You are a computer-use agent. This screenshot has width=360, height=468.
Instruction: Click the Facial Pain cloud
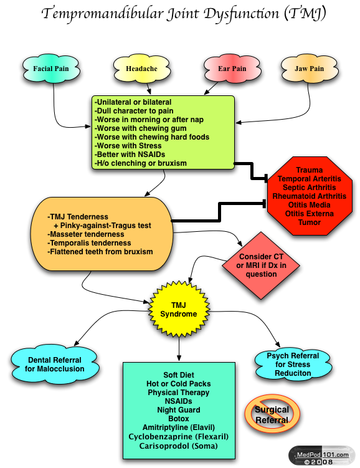point(51,69)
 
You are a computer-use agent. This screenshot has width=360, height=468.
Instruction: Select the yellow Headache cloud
point(141,69)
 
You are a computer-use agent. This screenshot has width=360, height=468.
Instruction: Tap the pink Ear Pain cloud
point(232,69)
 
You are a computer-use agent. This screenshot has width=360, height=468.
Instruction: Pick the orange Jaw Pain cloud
point(310,69)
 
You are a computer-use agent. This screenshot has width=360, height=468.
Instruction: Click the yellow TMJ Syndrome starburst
point(179,309)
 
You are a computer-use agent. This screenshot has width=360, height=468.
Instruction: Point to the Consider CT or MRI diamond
point(261,265)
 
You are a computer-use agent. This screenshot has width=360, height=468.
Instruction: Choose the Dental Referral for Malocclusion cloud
point(55,364)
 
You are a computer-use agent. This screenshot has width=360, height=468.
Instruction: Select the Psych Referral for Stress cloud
point(293,364)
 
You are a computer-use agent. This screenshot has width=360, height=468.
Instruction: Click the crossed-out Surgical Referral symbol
point(272,414)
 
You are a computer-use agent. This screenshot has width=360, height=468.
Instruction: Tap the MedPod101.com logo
point(322,456)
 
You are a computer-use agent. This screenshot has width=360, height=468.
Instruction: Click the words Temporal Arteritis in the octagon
point(310,179)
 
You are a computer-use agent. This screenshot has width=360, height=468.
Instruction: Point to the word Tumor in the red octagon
point(310,222)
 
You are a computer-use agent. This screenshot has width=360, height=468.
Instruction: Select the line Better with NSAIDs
point(130,155)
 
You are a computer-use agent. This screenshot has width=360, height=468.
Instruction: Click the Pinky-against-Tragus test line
point(102,226)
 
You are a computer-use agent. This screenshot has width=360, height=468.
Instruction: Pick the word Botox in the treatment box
point(179,418)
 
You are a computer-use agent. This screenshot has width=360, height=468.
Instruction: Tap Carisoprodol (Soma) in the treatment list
point(178,446)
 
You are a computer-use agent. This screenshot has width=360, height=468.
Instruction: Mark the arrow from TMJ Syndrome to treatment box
point(179,349)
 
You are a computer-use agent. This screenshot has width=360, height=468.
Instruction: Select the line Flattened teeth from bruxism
point(100,252)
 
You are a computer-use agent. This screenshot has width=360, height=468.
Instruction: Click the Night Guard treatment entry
point(179,410)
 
